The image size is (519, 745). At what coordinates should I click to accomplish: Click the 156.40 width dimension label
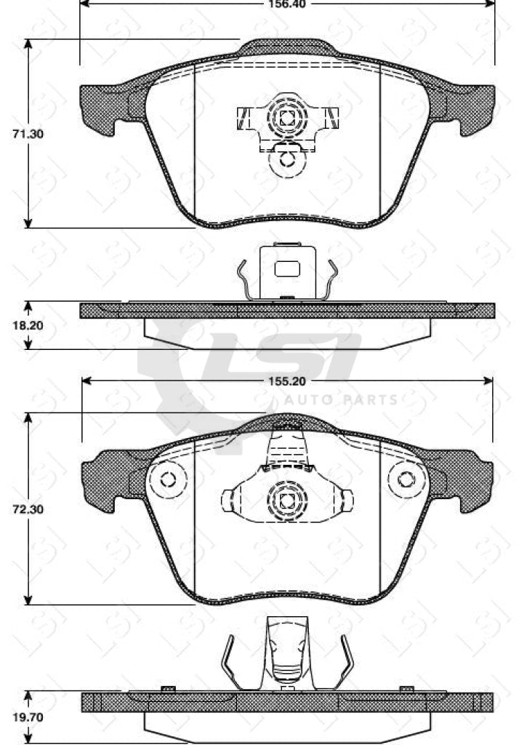coord(288,4)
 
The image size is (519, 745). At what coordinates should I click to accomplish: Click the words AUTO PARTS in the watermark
coord(340,399)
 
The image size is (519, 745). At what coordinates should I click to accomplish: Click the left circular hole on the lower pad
coord(168,479)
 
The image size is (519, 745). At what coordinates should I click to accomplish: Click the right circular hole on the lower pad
coord(406,479)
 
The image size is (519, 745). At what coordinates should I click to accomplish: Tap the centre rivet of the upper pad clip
coord(286,116)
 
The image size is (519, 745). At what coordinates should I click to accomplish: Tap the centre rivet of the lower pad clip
coord(286,501)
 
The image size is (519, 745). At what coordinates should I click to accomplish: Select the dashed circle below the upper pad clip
coord(287,162)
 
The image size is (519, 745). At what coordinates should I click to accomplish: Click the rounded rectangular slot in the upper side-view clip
coord(287,268)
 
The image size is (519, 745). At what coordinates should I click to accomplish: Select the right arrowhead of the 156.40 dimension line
coord(490,4)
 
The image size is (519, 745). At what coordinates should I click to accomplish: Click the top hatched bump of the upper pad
coord(288,48)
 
